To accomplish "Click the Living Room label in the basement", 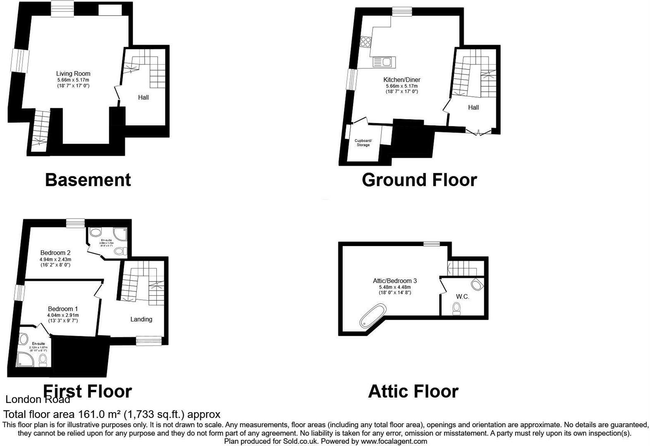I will [x=73, y=74].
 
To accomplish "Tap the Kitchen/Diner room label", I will [x=401, y=80].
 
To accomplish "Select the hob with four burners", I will [x=366, y=42].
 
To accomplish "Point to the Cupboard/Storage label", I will [x=363, y=143].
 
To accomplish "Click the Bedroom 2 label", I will [x=55, y=253].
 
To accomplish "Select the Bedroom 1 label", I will [x=63, y=309].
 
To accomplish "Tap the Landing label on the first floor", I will [x=141, y=319].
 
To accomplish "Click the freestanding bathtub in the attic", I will [x=373, y=316].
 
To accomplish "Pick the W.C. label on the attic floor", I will [x=462, y=297].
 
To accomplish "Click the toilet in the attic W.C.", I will [x=456, y=308].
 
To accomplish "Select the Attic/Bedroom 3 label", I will [x=395, y=281].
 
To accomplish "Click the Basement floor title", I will [x=88, y=180].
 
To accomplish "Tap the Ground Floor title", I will [x=419, y=180].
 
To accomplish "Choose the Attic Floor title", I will [x=413, y=391].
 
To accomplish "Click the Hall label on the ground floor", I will [x=473, y=107].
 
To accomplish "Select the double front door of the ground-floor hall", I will [x=478, y=132].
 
